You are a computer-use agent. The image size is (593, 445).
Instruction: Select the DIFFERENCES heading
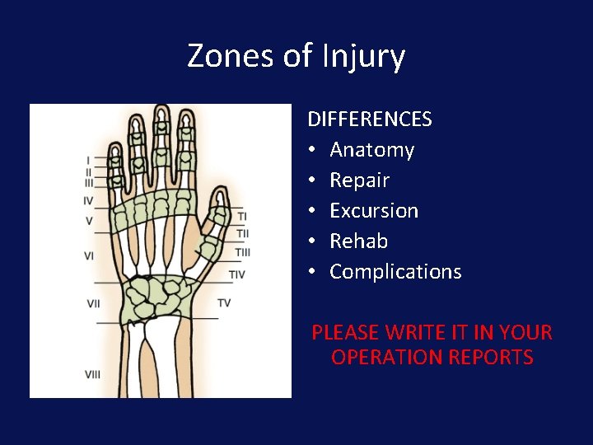(x=370, y=119)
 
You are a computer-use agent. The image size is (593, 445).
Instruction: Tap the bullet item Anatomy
(x=371, y=150)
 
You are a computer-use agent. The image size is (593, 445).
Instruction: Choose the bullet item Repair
(x=359, y=180)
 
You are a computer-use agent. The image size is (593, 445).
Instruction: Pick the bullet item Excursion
(x=374, y=211)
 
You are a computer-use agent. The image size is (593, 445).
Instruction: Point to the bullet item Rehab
(x=358, y=241)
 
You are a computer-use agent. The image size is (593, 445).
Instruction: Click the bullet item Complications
(x=395, y=272)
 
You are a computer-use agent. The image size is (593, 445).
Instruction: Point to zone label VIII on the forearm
(x=92, y=374)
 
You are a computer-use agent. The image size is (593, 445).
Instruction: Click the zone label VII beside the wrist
(x=93, y=304)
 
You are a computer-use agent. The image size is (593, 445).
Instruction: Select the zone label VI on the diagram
(x=89, y=256)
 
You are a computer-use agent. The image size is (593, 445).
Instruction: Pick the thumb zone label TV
(x=224, y=303)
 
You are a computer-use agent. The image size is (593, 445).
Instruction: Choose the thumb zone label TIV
(x=236, y=274)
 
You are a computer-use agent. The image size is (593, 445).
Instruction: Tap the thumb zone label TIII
(x=242, y=252)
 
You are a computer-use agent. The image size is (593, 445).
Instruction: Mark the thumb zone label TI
(x=241, y=216)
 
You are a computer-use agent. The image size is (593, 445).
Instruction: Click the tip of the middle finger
(x=161, y=109)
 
